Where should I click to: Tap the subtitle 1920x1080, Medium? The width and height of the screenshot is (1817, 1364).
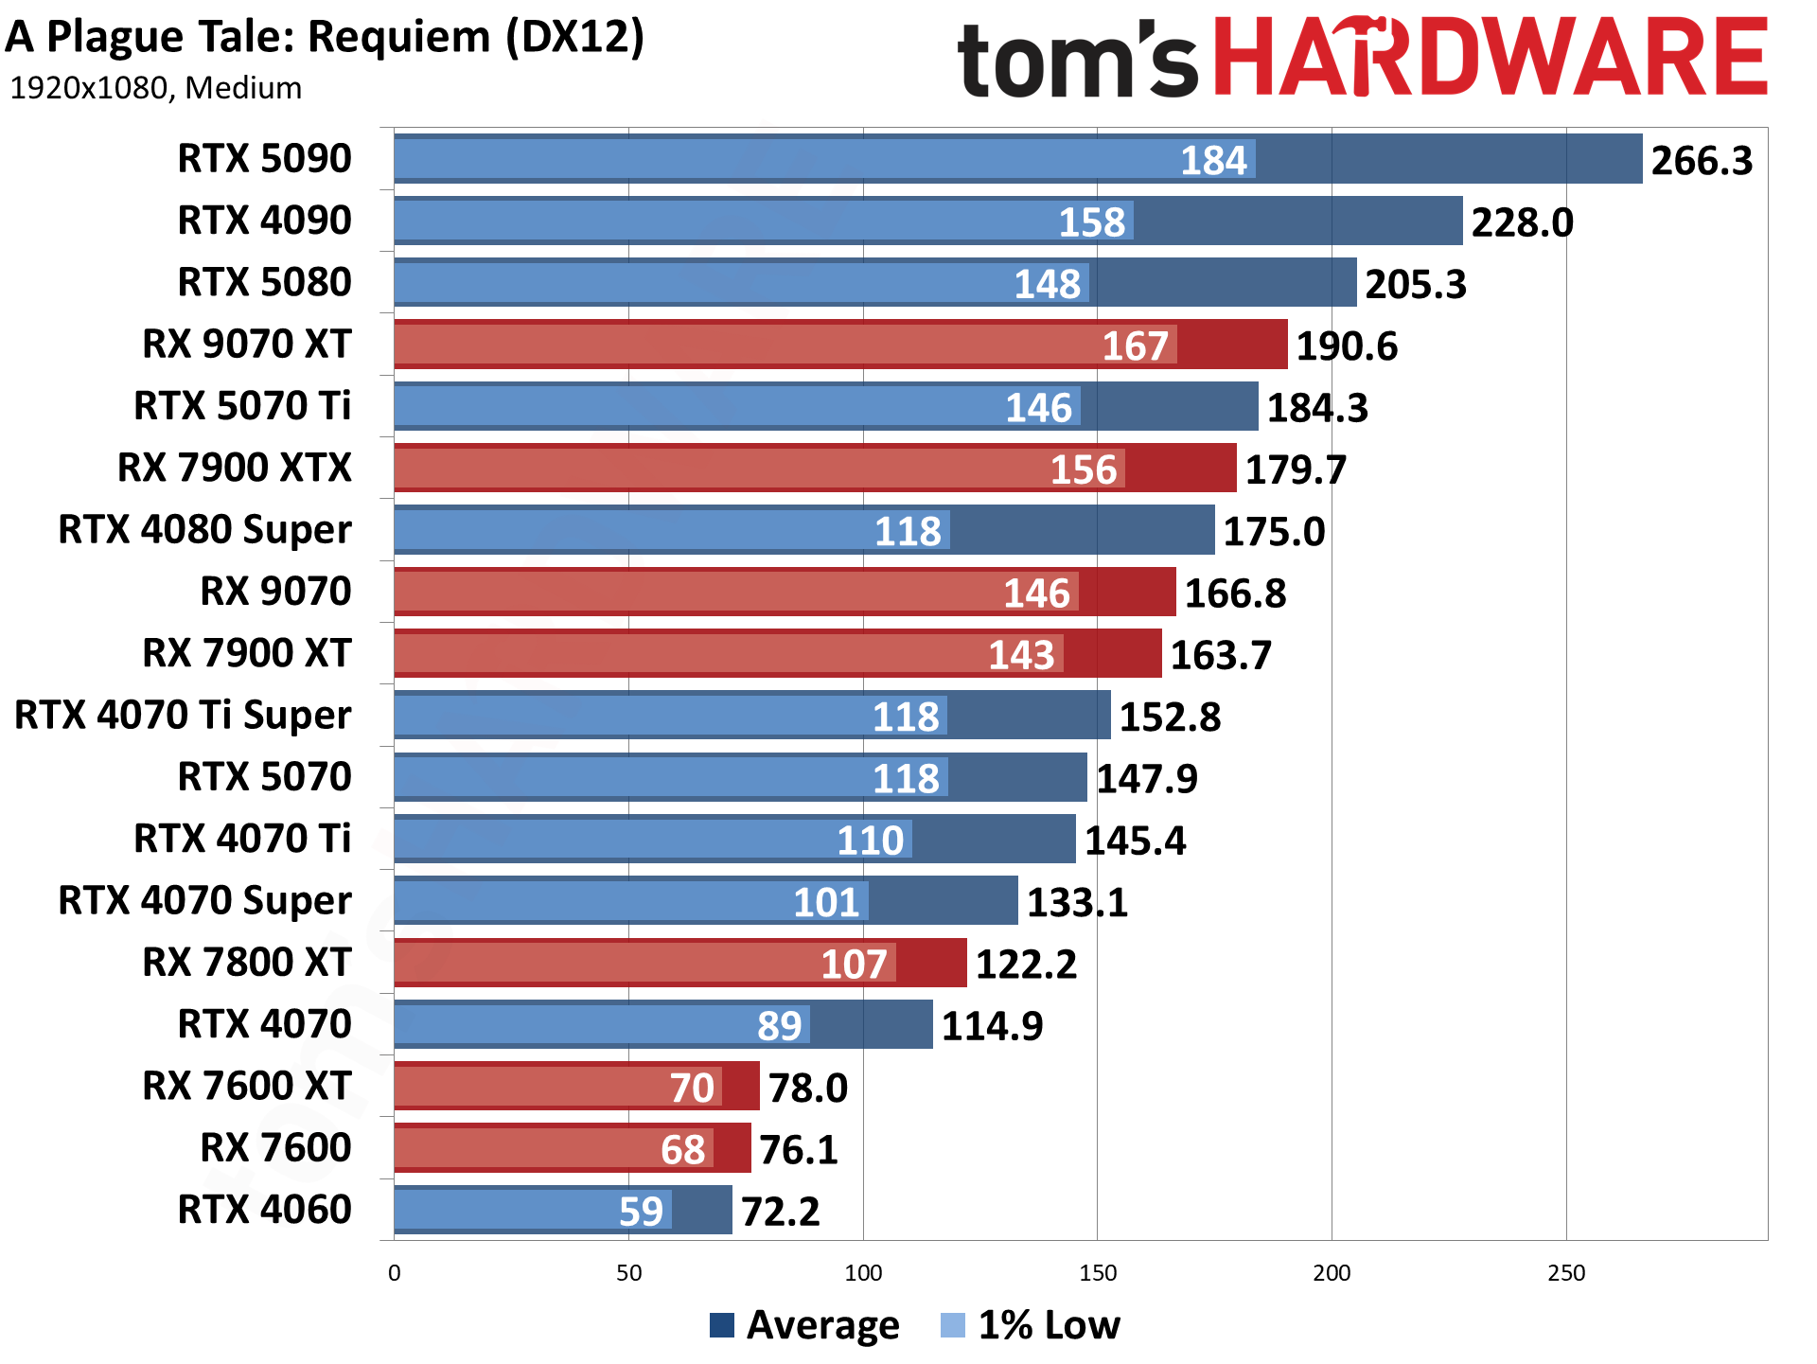155,88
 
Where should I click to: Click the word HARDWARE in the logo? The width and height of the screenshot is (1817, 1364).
1490,59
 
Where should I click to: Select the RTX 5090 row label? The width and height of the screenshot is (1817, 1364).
264,158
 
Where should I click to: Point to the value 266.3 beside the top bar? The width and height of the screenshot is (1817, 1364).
1701,161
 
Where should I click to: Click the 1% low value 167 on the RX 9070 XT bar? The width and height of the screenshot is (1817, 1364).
1135,345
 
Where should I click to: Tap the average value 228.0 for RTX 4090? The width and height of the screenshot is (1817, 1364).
1521,223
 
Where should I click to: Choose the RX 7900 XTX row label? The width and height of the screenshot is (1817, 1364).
234,468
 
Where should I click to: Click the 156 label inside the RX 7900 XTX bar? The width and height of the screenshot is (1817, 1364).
1084,469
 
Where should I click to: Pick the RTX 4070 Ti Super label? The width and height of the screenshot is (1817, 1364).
183,715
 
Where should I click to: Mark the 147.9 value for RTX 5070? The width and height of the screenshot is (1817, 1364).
1146,779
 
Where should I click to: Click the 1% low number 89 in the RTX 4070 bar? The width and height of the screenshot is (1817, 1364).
779,1026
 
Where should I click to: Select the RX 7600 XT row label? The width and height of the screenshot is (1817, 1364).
246,1086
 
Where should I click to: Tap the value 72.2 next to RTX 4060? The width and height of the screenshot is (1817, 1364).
780,1212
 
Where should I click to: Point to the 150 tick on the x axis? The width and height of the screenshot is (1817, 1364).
1097,1273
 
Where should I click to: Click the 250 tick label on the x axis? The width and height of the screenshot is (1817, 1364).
1565,1273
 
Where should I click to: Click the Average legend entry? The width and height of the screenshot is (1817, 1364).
804,1325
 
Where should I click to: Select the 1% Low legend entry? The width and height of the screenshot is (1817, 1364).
1031,1325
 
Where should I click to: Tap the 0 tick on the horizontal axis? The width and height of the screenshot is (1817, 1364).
395,1273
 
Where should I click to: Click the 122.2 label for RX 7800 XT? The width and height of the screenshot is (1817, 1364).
1026,965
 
